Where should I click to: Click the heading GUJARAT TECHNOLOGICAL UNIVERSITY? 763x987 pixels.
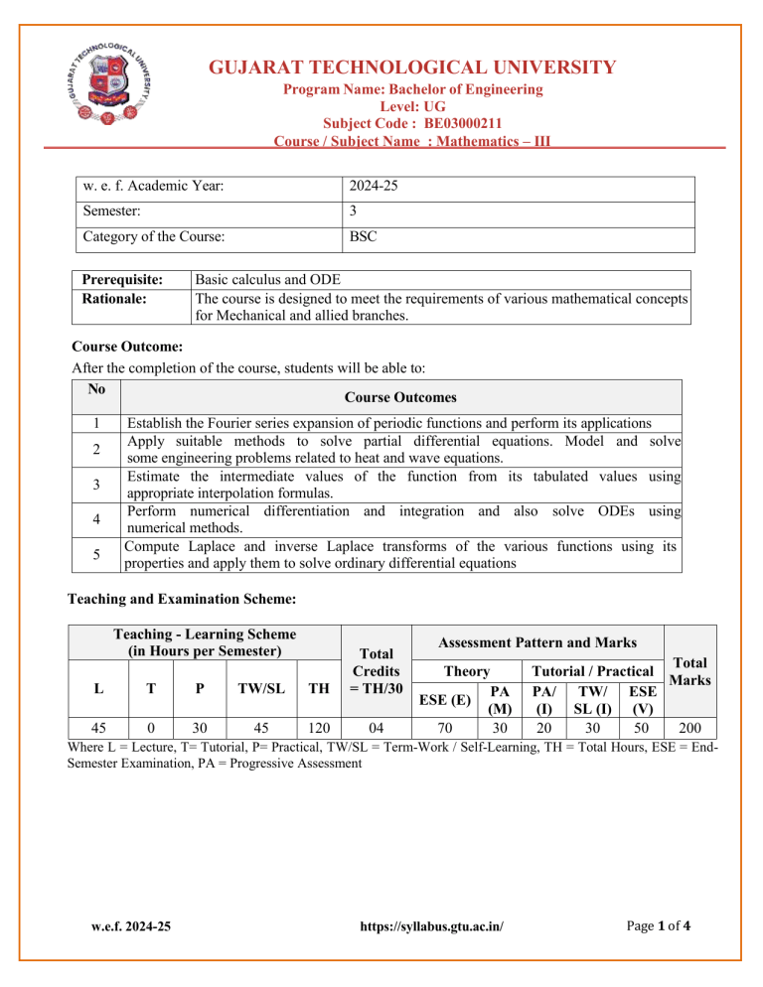pos(411,68)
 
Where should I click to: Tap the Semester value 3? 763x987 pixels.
pos(354,211)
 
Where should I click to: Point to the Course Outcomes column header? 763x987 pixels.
pos(401,397)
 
